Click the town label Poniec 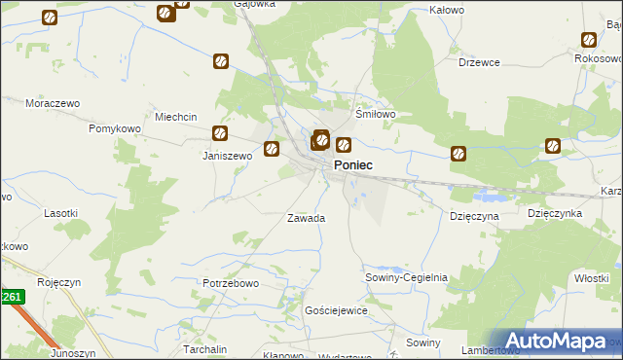click(352, 166)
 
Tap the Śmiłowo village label click(375, 114)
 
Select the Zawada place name click(306, 218)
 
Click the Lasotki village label click(61, 212)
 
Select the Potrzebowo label click(230, 283)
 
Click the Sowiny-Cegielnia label click(406, 277)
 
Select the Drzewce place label click(479, 62)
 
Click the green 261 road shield click(11, 297)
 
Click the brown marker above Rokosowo click(589, 40)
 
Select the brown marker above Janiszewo click(221, 133)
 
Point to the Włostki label click(591, 278)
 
